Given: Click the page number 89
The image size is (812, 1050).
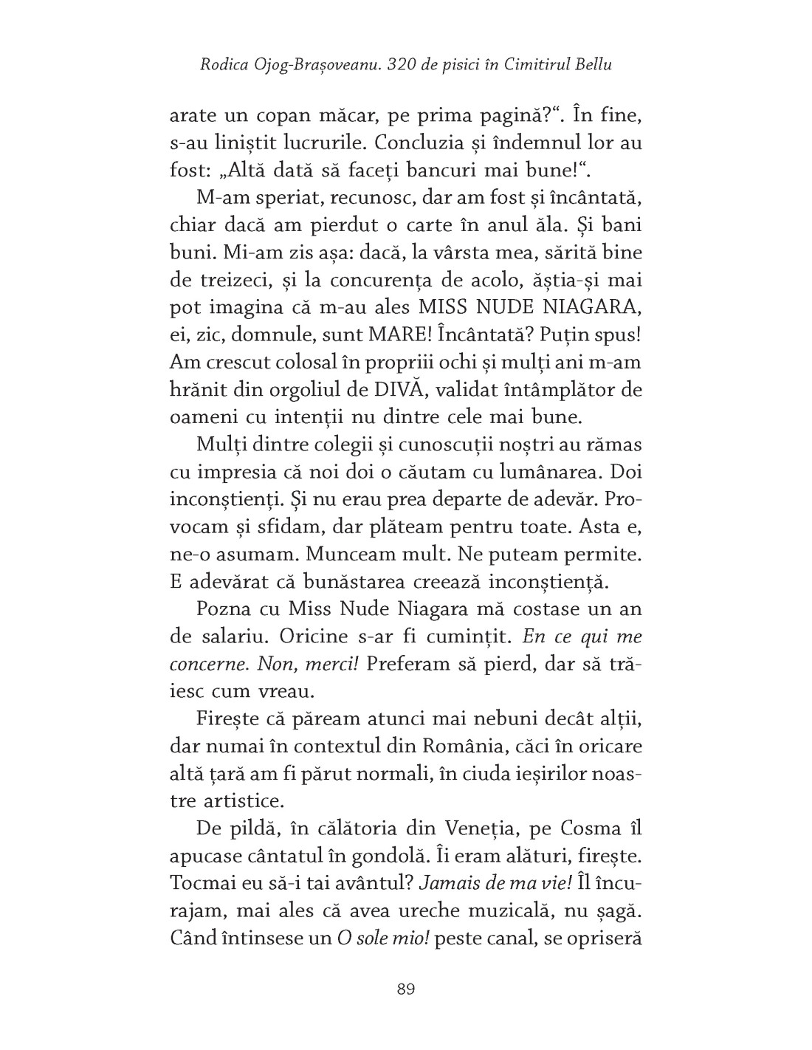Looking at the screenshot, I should pyautogui.click(x=405, y=989).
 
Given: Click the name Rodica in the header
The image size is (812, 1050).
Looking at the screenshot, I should pyautogui.click(x=223, y=64).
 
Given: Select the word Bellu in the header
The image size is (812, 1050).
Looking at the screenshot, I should pyautogui.click(x=593, y=64).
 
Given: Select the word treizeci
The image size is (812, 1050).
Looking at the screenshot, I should pyautogui.click(x=228, y=280).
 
